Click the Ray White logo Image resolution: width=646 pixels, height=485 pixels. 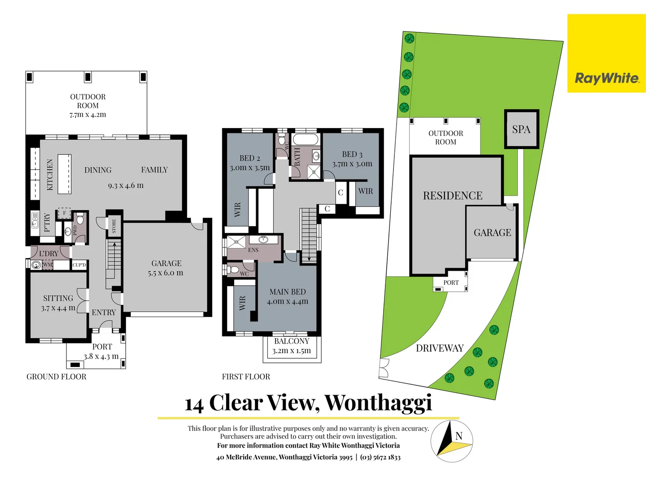[607, 78]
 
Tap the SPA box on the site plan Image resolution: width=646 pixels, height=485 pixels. [521, 129]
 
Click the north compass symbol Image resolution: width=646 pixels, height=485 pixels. [452, 441]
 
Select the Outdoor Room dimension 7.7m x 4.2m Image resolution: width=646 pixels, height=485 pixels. [88, 115]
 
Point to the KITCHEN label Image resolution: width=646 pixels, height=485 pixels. [50, 175]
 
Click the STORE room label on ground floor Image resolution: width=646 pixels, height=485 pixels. [114, 226]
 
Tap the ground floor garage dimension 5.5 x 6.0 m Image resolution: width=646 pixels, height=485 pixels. [166, 273]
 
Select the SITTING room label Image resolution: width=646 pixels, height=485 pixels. [58, 298]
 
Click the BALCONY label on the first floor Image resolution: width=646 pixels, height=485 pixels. [292, 341]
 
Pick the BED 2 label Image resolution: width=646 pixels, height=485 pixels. [249, 158]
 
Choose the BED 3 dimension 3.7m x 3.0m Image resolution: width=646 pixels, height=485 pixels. [352, 164]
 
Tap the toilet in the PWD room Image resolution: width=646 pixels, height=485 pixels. [80, 219]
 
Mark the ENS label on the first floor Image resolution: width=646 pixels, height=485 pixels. [253, 250]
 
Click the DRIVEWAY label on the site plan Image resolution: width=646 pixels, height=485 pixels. [440, 348]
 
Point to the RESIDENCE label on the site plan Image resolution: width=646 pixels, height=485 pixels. [453, 196]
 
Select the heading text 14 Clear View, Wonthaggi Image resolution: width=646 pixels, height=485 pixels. [309, 403]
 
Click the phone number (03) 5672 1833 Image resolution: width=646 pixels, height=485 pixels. [380, 457]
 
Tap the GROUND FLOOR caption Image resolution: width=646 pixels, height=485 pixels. [57, 377]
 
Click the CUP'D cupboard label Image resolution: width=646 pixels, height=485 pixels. [79, 265]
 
